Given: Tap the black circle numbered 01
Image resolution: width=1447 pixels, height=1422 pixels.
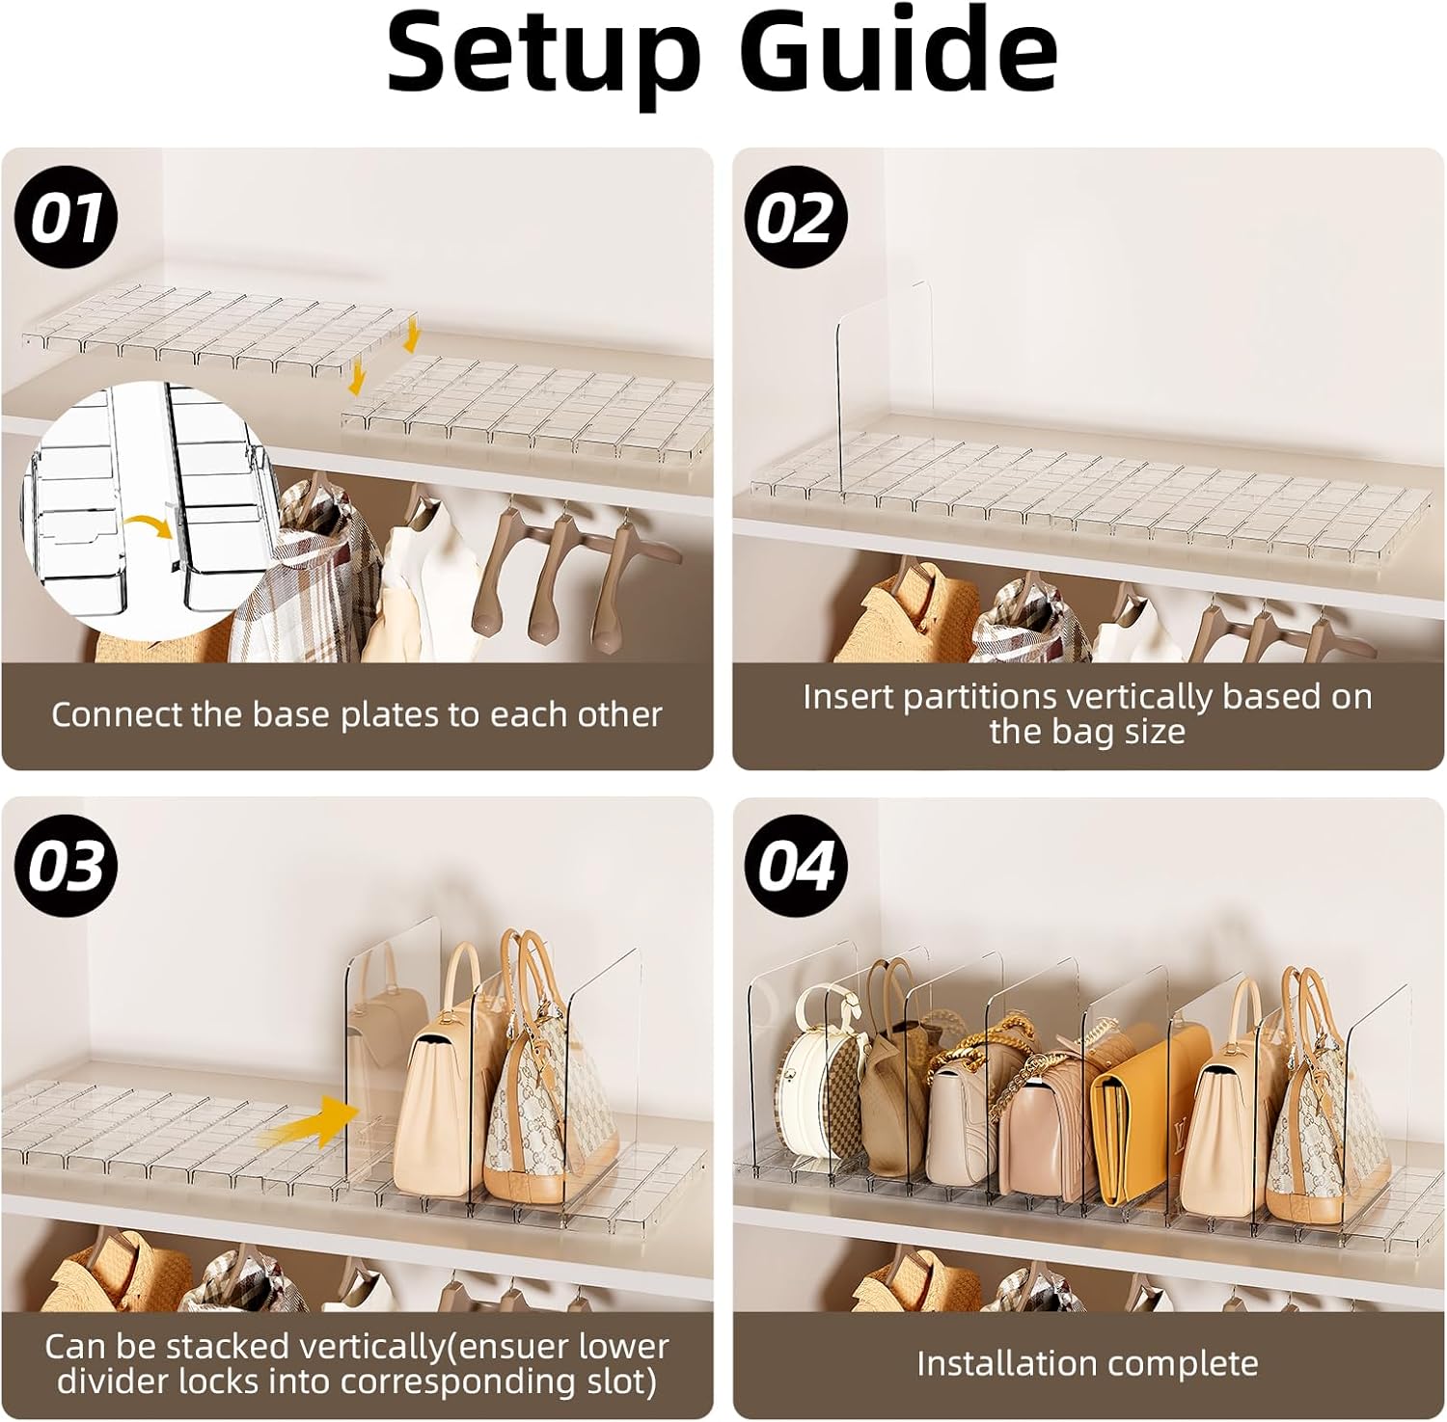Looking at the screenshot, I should point(66,218).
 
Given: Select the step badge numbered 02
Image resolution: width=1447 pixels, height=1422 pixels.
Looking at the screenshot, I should point(796,218).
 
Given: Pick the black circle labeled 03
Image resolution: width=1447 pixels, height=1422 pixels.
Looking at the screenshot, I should point(66,866).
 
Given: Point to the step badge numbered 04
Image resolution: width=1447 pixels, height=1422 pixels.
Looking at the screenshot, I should point(796,866).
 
